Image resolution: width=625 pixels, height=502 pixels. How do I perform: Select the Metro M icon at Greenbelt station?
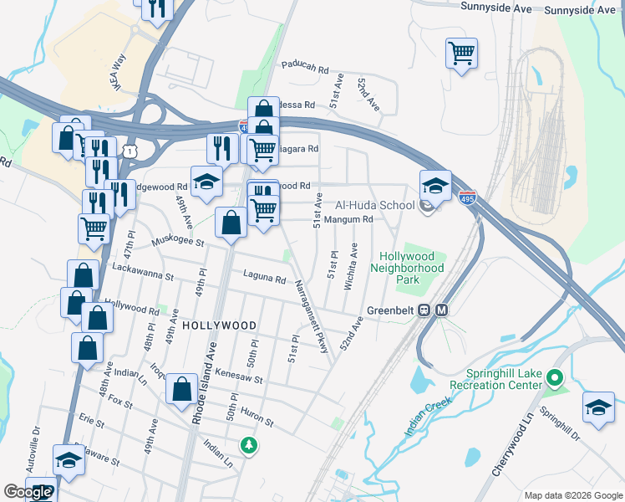point(442,310)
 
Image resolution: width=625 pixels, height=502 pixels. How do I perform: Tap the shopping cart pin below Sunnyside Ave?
point(461,54)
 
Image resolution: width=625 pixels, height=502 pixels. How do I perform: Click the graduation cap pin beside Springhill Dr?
point(598,407)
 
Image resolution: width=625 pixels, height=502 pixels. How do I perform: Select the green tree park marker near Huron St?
point(247,445)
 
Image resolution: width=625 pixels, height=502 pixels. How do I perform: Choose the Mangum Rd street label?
point(347,219)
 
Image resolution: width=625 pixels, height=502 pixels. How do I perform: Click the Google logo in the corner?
point(28,492)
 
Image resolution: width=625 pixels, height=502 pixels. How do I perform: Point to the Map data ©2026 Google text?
point(572,495)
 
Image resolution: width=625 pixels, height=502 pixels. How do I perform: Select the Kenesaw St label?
point(239,376)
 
